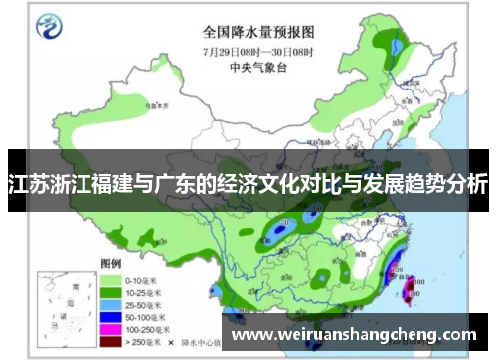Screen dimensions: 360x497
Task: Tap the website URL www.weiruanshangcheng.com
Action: pyautogui.click(x=354, y=335)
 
